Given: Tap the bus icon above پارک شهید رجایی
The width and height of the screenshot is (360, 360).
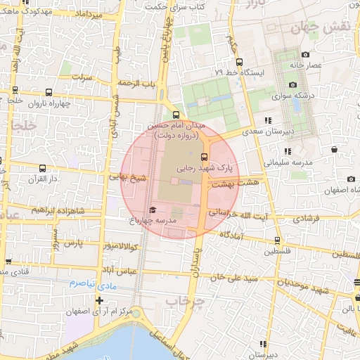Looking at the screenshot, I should coord(204,157).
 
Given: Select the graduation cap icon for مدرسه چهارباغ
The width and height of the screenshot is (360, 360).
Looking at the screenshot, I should coord(153,210).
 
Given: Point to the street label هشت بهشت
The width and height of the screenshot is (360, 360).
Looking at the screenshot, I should coord(239,181).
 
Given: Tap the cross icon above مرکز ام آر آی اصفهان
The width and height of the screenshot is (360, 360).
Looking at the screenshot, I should coord(99,300).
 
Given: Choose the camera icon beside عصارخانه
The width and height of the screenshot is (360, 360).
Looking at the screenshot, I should coord(304,56).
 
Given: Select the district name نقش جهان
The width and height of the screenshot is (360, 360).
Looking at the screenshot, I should coord(304,29).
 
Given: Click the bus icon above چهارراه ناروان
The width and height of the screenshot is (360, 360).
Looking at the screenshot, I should coord(48,92).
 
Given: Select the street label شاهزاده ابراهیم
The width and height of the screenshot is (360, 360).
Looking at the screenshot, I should coord(59,210).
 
